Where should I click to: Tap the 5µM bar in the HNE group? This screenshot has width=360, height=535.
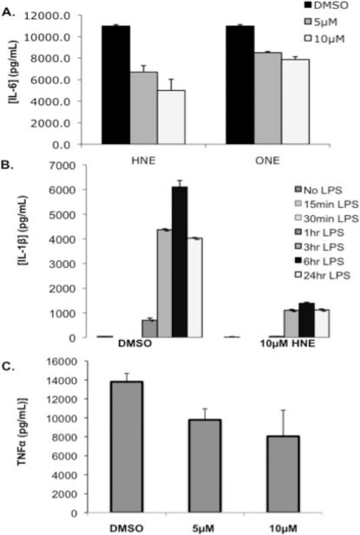click(x=144, y=108)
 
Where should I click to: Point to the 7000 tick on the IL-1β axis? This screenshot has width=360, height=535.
click(x=75, y=164)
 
